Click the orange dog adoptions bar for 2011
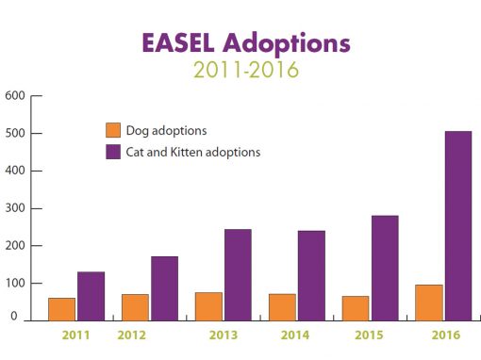click(62, 309)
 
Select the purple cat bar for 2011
click(91, 296)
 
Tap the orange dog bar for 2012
click(135, 307)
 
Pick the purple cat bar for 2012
click(164, 288)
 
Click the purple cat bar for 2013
click(238, 275)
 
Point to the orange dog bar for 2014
click(282, 307)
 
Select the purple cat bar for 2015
click(385, 269)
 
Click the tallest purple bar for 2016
click(458, 226)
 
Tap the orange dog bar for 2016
click(429, 303)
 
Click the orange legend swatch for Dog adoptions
click(113, 130)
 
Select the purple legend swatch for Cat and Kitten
click(113, 152)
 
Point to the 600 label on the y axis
click(15, 95)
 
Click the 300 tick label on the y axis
click(15, 208)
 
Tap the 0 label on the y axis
click(14, 316)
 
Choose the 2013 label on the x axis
click(224, 335)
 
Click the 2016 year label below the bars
click(446, 335)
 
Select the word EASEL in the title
click(178, 42)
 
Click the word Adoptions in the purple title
click(287, 44)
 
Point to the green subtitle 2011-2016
click(246, 70)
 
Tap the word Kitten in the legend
click(186, 152)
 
